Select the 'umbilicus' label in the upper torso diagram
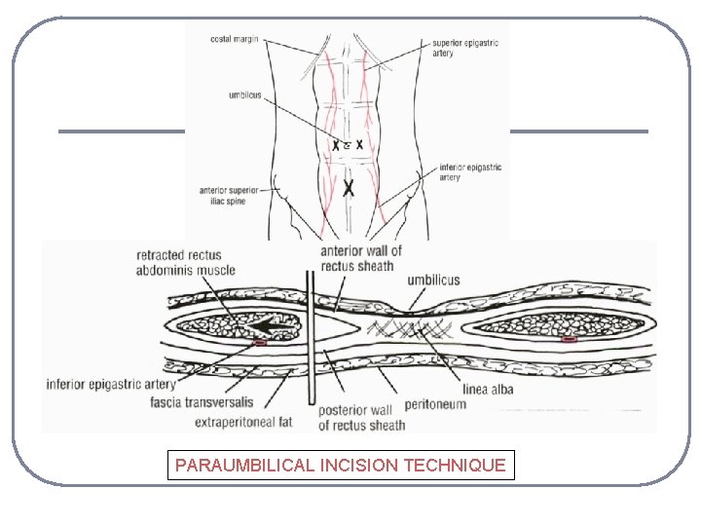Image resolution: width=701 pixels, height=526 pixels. [x=243, y=95]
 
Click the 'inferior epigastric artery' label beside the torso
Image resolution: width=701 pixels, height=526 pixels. [x=470, y=172]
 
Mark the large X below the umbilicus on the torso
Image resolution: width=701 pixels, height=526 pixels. [x=348, y=185]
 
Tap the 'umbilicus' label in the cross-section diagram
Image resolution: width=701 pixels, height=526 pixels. [x=433, y=281]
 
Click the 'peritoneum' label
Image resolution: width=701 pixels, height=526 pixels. [x=435, y=404]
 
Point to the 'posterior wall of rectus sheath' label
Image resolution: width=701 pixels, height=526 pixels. [x=361, y=418]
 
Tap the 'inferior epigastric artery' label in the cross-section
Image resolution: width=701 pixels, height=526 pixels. [x=110, y=383]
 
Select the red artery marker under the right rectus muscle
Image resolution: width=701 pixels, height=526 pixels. [x=569, y=341]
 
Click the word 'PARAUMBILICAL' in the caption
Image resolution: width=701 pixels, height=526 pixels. [x=244, y=466]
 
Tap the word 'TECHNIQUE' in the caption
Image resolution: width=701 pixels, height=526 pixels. [x=457, y=466]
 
